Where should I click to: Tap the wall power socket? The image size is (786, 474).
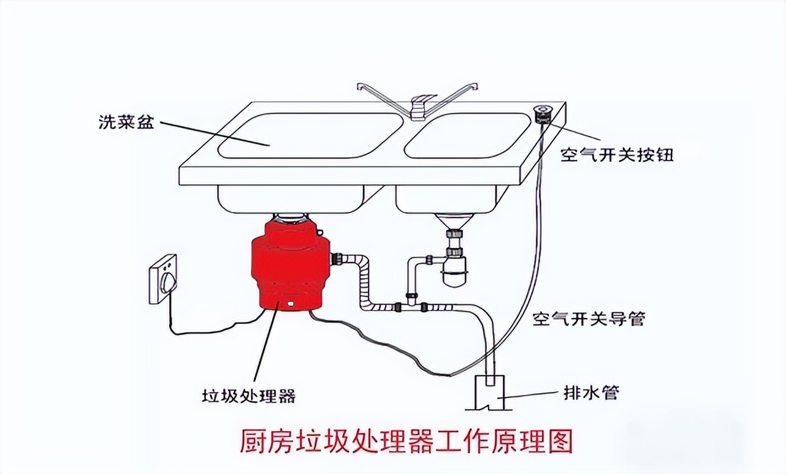[163, 279]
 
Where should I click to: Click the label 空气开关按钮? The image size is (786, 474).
[617, 155]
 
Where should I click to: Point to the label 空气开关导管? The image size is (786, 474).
[588, 318]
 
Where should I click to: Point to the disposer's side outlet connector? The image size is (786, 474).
[337, 259]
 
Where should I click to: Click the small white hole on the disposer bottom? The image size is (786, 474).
[290, 303]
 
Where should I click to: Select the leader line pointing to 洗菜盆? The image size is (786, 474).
[215, 133]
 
